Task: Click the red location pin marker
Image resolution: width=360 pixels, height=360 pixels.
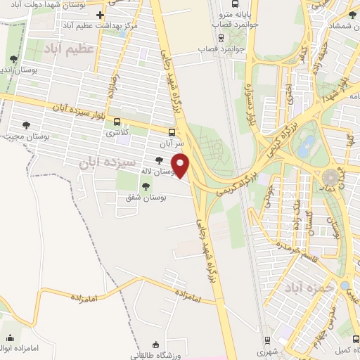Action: click(181, 165)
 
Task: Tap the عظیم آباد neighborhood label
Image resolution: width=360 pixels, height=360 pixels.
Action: click(68, 49)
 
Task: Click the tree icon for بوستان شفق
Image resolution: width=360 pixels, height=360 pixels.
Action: click(146, 186)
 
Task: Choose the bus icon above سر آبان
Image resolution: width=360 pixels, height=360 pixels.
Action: click(172, 131)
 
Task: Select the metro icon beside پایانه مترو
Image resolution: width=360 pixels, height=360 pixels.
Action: click(221, 22)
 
